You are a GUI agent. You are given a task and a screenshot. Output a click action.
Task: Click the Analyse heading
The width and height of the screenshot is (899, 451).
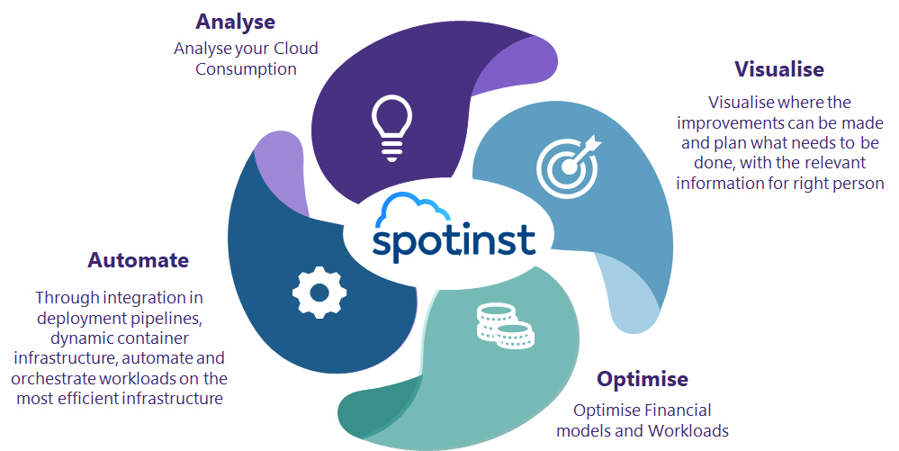(x=235, y=23)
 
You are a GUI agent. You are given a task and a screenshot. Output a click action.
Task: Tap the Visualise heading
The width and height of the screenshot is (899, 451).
(x=779, y=68)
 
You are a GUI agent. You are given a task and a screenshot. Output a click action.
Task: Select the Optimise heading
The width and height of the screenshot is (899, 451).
(x=643, y=379)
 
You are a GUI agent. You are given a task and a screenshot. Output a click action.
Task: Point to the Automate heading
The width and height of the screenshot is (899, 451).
(x=139, y=260)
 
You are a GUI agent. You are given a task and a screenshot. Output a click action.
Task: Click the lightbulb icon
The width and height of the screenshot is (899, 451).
(x=391, y=128)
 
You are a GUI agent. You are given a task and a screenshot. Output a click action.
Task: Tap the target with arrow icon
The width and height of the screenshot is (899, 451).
(x=569, y=166)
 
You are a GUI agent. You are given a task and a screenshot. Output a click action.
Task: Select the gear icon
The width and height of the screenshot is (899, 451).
(x=319, y=293)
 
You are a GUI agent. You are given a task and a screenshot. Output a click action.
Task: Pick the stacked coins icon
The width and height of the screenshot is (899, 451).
(x=505, y=327)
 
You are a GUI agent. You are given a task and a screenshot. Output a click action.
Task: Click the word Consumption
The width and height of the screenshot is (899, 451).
(x=246, y=68)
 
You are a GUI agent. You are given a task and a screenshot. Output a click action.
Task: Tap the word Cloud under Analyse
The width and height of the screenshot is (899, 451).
(x=295, y=49)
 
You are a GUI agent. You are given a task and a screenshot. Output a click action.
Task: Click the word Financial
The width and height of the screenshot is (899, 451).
(x=678, y=410)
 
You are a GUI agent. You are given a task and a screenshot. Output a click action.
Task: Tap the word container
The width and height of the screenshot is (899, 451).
(x=154, y=338)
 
